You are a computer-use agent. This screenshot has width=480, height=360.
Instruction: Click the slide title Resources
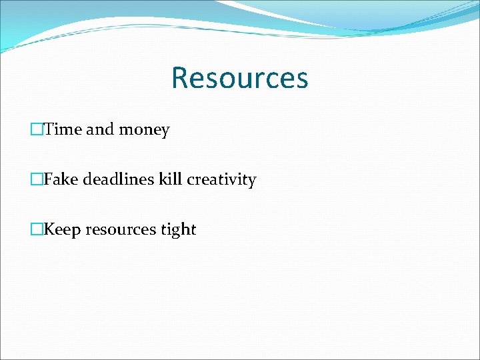[x=239, y=77]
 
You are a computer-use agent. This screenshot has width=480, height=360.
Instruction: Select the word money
[x=144, y=130]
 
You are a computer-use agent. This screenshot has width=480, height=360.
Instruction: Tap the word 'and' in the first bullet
[x=100, y=129]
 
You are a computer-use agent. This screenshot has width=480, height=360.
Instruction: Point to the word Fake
[x=60, y=179]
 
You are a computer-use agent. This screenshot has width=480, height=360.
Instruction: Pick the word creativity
[x=221, y=180]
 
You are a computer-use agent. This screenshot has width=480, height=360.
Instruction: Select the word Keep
[x=62, y=229]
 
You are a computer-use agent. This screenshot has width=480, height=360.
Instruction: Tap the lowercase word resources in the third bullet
[x=121, y=230]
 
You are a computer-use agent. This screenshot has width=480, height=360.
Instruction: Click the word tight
[x=179, y=230]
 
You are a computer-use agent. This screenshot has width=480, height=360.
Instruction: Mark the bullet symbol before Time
[x=37, y=130]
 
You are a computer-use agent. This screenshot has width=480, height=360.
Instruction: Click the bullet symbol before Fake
[x=37, y=180]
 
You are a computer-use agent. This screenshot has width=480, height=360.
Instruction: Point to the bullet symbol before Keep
[x=37, y=230]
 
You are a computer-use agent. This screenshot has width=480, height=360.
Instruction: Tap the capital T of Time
[x=49, y=129]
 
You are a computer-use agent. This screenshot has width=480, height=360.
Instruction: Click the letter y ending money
[x=165, y=131]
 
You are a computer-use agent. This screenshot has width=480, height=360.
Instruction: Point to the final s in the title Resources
[x=302, y=79]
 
